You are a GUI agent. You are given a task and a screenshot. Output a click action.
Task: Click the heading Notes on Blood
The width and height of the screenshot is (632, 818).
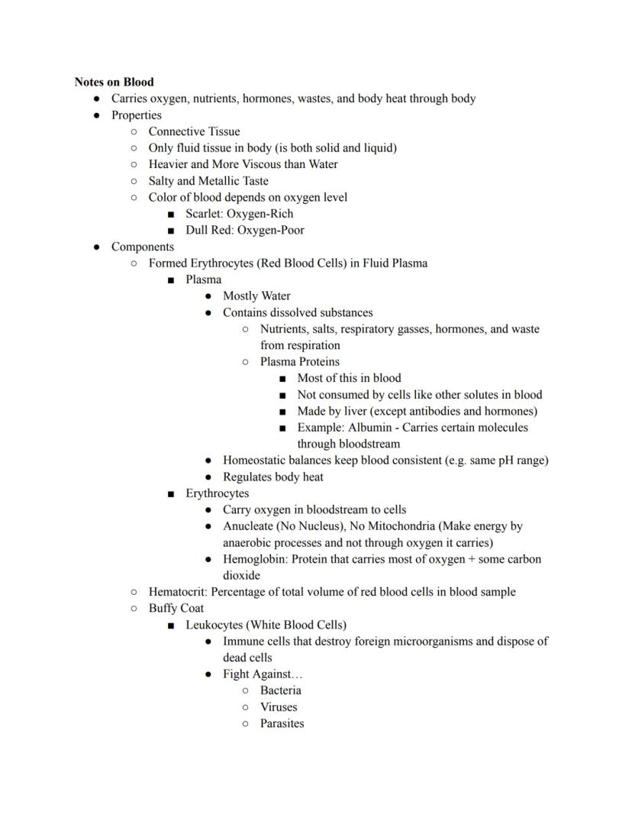click(114, 82)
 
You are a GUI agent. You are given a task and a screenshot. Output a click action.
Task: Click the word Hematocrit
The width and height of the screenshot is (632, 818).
click(178, 592)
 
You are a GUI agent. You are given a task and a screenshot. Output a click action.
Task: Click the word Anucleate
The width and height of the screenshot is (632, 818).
click(247, 526)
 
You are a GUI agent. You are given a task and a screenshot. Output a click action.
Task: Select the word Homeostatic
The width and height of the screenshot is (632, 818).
click(254, 461)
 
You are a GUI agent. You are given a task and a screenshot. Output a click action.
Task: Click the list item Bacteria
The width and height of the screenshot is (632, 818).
click(280, 690)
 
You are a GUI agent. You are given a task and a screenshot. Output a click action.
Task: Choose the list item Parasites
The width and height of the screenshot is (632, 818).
click(282, 723)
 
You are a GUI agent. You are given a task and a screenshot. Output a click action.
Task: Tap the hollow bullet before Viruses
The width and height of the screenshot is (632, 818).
click(245, 707)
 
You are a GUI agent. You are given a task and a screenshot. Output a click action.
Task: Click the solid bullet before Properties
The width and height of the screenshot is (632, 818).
click(96, 115)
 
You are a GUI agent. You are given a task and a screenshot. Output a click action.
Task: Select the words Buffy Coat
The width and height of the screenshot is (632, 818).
click(176, 609)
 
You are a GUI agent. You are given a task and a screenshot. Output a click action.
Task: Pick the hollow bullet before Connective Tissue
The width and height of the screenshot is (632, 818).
click(134, 132)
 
